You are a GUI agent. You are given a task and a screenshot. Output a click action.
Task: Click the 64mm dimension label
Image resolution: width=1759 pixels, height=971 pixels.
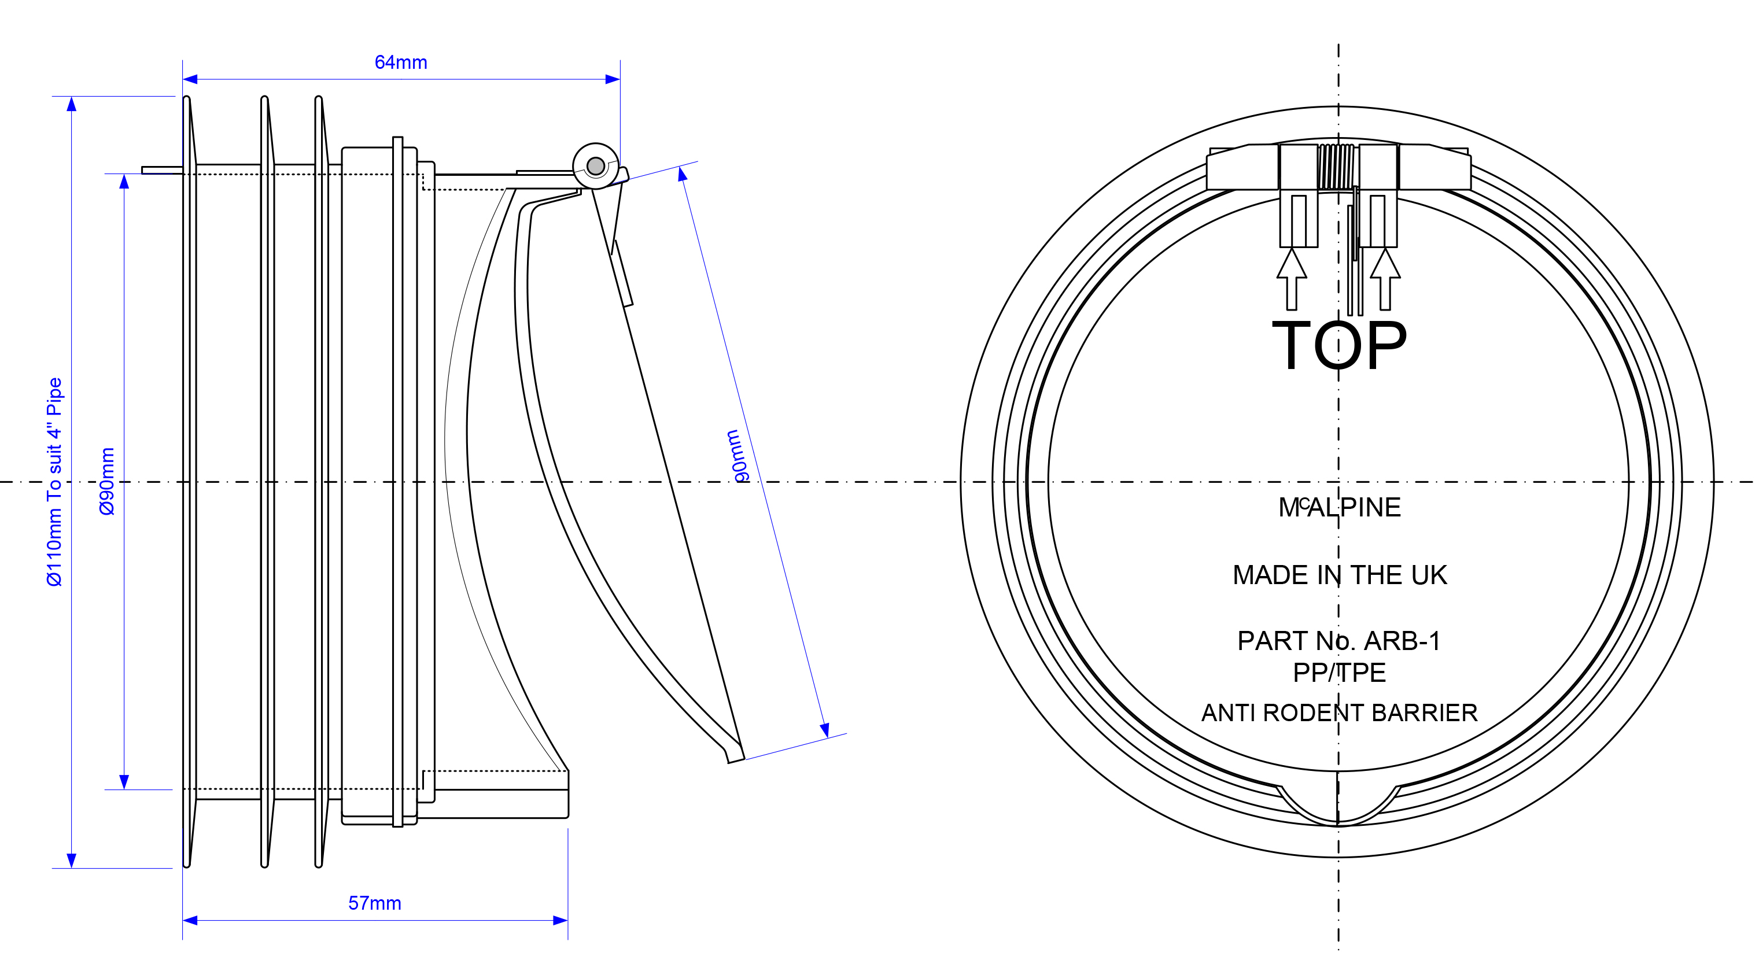tap(401, 62)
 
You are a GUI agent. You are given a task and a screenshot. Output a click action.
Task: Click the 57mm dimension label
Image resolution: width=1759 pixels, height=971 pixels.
tap(375, 903)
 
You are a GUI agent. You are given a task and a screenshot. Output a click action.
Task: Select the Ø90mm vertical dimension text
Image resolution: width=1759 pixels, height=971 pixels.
tap(107, 481)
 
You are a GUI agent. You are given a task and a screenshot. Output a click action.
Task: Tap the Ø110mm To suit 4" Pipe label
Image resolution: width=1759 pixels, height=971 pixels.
tap(54, 481)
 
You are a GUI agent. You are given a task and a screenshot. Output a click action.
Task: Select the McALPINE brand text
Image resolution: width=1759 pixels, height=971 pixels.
tap(1339, 507)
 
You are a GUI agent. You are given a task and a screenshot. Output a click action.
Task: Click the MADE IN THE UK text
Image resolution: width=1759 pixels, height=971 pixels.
tap(1339, 575)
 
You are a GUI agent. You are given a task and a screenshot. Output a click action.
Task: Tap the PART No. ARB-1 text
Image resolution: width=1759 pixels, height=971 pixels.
tap(1339, 641)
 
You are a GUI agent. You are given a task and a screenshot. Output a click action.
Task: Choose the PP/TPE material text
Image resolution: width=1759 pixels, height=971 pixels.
tap(1339, 673)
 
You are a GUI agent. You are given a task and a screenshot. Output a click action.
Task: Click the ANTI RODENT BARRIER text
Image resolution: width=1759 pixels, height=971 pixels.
tap(1339, 712)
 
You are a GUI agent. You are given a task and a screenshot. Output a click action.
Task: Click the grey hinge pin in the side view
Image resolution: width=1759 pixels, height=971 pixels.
tap(595, 166)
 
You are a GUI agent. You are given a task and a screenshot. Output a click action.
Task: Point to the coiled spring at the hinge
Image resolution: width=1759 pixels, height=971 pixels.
tap(1336, 167)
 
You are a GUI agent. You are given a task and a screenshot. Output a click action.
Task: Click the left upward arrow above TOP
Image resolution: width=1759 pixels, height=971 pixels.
tap(1291, 279)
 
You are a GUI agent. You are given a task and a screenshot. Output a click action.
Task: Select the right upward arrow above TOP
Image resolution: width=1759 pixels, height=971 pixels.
tap(1385, 279)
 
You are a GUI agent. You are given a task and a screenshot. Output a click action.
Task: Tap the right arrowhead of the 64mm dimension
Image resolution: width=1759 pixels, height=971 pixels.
tap(613, 79)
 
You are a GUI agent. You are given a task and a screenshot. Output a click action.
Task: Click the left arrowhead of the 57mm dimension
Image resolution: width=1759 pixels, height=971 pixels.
tap(190, 921)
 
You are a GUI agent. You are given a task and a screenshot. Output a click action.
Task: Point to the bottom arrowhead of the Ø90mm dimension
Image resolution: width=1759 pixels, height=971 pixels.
tap(124, 782)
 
